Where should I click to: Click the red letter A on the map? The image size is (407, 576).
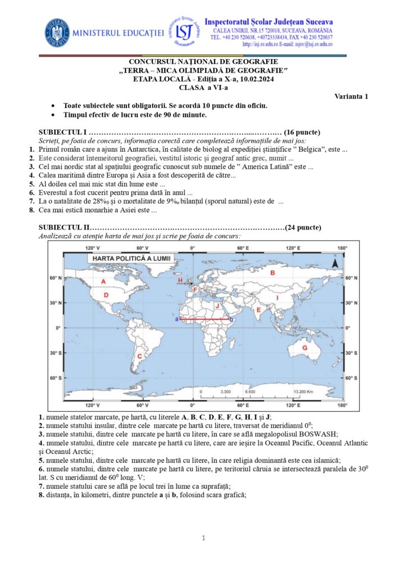tap(103, 281)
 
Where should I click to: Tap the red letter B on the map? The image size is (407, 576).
tap(273, 273)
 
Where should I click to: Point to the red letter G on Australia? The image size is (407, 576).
tap(305, 348)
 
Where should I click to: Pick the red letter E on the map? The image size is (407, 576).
tap(259, 309)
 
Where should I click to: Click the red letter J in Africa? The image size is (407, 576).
tap(217, 305)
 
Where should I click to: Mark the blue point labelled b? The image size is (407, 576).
tap(232, 319)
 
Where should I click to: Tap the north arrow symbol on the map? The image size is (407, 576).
tap(334, 262)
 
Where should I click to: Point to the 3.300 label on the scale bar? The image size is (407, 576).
tap(226, 391)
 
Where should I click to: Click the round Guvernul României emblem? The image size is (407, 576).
tap(57, 33)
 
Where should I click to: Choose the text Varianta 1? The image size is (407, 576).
tap(351, 96)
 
